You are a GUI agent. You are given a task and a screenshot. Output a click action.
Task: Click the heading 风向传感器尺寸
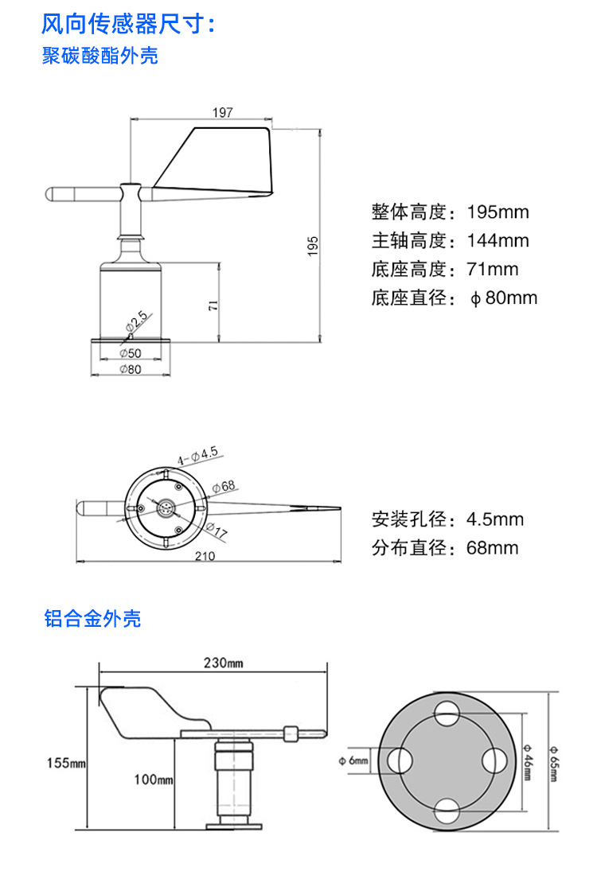[128, 24]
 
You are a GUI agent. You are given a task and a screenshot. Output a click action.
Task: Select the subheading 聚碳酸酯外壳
[100, 56]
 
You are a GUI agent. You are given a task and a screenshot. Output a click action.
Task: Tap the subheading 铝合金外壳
[92, 618]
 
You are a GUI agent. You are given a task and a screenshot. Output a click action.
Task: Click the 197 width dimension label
[223, 113]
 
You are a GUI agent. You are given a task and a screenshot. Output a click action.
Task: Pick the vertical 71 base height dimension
[213, 305]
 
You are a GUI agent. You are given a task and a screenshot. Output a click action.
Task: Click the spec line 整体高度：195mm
[450, 212]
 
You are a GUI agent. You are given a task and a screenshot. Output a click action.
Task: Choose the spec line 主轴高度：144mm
[450, 241]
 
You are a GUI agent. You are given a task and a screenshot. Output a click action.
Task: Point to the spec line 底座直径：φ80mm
[454, 298]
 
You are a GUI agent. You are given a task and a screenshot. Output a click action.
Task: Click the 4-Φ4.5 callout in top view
[197, 456]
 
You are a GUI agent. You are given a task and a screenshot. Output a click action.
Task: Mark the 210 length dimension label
[205, 556]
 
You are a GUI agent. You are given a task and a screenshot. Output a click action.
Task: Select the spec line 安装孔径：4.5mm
[447, 519]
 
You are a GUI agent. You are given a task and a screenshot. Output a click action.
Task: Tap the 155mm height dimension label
[66, 764]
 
